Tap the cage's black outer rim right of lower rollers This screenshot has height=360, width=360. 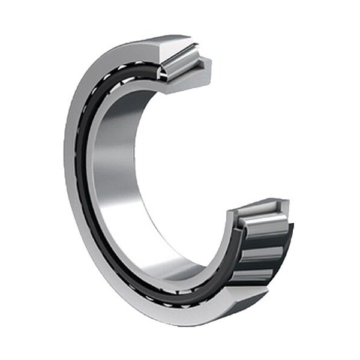(x=288, y=246)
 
